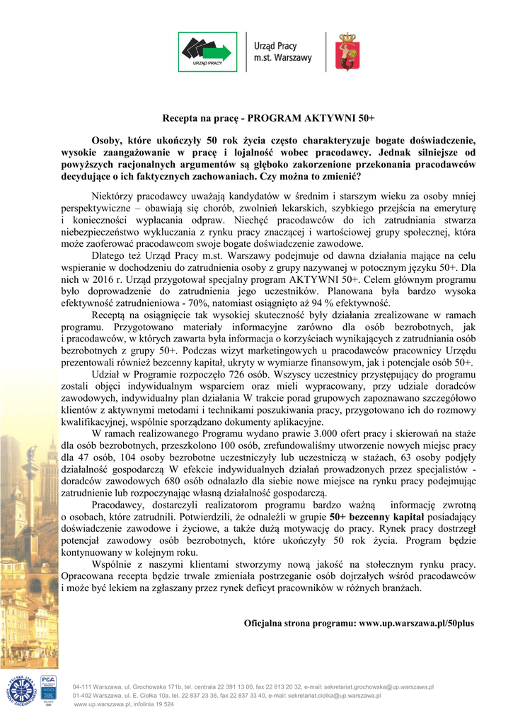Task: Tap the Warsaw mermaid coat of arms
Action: click(347, 51)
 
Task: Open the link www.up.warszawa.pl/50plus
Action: click(417, 624)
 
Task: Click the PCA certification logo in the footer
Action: click(47, 686)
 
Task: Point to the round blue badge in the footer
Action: click(20, 689)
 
